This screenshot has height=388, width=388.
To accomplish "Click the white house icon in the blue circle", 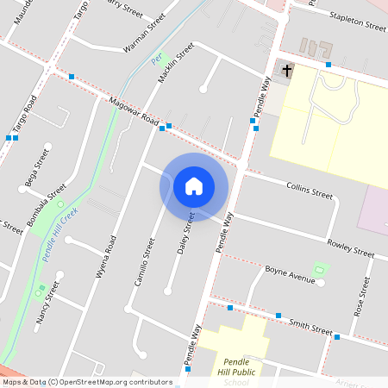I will click(x=194, y=186).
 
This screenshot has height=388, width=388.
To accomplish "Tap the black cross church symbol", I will click(x=287, y=69).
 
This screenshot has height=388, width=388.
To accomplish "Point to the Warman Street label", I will click(x=144, y=33).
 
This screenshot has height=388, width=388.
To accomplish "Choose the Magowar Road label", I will click(x=134, y=111).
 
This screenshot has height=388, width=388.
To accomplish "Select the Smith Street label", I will click(x=310, y=329).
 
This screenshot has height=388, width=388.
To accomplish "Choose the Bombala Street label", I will click(x=46, y=205).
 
